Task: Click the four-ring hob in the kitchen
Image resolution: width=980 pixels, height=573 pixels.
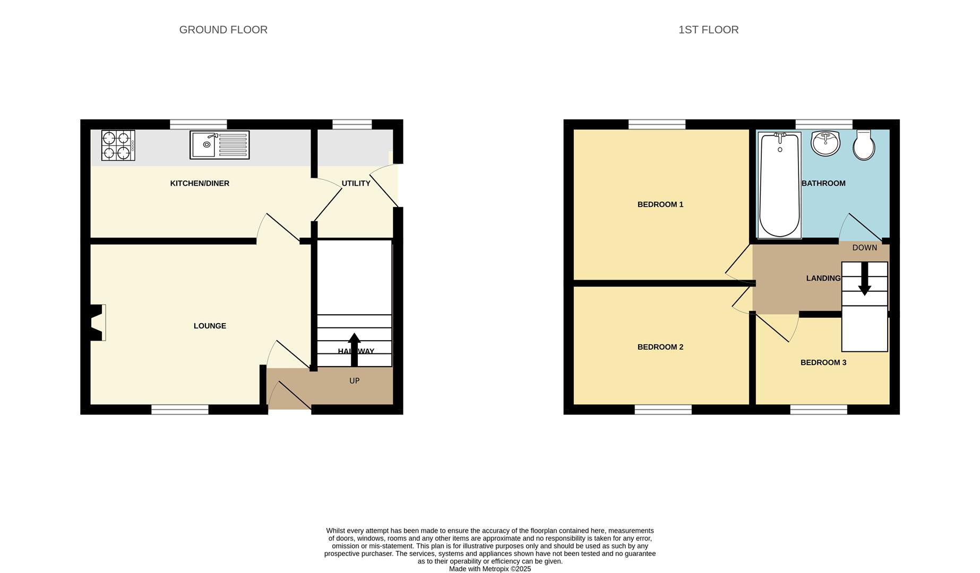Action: [118, 145]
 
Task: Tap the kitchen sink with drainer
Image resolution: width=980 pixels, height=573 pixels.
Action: [219, 145]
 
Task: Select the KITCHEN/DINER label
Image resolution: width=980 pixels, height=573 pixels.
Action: [200, 184]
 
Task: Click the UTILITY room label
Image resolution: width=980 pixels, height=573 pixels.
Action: [356, 184]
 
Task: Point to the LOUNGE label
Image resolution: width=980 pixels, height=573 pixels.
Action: [210, 326]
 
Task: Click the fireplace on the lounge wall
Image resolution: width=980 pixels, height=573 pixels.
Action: [96, 323]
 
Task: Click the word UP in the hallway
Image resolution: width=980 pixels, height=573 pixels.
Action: [354, 381]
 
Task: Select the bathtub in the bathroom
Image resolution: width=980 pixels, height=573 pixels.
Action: [779, 185]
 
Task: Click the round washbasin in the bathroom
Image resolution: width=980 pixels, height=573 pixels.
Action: [825, 143]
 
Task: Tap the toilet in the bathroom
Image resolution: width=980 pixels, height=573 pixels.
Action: [864, 145]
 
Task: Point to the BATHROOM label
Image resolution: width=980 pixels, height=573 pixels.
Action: [823, 184]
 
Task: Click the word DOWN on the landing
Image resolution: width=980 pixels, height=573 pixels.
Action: [864, 248]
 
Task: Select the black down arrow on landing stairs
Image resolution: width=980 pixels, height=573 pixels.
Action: [864, 279]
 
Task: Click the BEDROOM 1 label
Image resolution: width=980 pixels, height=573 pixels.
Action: [660, 204]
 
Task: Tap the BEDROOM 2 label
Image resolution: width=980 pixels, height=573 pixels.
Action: [660, 347]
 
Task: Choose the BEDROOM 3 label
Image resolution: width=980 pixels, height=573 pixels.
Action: [823, 362]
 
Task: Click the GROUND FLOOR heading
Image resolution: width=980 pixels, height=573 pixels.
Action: [223, 30]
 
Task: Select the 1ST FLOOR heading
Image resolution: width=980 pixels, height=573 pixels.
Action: [708, 30]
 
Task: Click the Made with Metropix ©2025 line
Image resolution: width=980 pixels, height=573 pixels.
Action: [489, 569]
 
